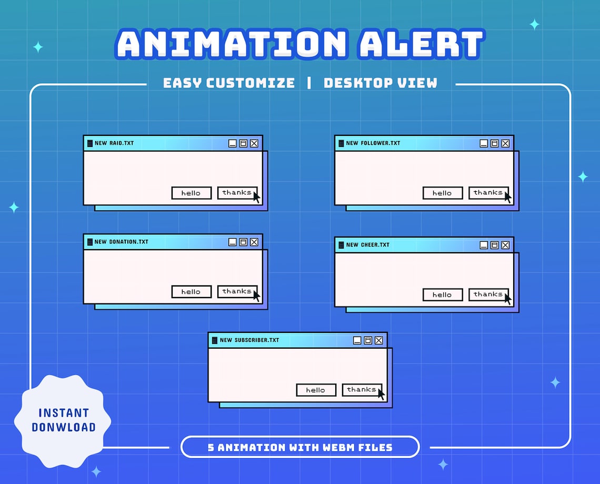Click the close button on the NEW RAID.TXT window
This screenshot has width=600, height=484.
[x=254, y=143]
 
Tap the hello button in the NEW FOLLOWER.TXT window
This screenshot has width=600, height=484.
[x=443, y=193]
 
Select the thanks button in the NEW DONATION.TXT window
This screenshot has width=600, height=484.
[x=237, y=291]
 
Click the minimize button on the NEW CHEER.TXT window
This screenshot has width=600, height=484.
[x=484, y=245]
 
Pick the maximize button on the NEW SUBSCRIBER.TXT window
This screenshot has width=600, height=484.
[x=368, y=341]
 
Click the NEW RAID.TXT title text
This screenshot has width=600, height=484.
[x=114, y=143]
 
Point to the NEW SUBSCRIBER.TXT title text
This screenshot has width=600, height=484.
[x=249, y=340]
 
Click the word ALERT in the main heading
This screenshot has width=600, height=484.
[x=421, y=44]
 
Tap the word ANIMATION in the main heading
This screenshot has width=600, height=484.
[x=232, y=44]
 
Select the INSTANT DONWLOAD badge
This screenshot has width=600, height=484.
[x=63, y=420]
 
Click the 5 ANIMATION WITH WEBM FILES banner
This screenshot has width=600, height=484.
[x=300, y=448]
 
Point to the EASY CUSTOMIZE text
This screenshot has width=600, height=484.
[x=229, y=83]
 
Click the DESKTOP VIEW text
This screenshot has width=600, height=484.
[x=380, y=83]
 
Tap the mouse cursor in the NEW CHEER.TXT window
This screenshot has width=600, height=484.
[x=507, y=299]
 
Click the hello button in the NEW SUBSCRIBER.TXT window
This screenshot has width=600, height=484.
[x=316, y=390]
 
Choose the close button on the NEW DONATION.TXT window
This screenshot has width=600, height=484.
[x=254, y=242]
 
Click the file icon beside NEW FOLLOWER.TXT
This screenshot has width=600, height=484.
[x=341, y=143]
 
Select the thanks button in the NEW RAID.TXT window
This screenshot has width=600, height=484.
[x=237, y=193]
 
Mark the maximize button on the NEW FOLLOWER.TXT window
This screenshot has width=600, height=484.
[x=494, y=143]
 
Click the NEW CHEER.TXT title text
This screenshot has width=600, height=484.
[x=368, y=245]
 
